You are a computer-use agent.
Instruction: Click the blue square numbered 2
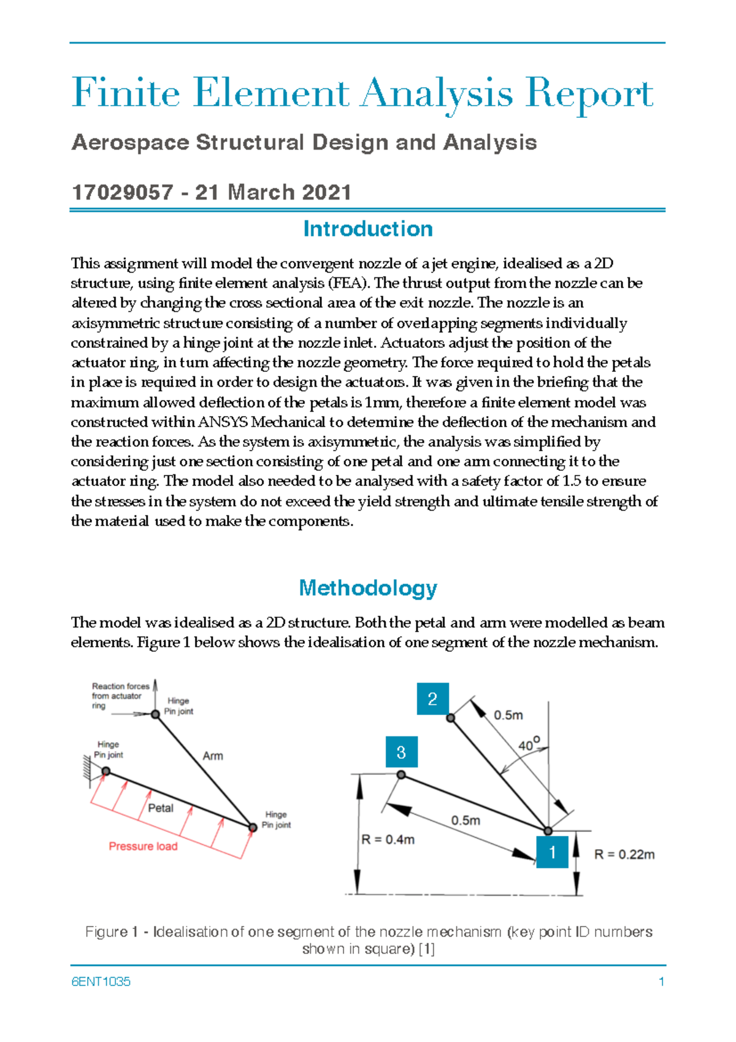432,698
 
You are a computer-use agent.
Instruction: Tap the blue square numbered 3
401,752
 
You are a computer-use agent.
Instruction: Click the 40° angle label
528,744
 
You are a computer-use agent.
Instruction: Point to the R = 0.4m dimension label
388,839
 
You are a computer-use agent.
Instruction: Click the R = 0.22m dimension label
624,854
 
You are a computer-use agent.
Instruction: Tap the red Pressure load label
143,846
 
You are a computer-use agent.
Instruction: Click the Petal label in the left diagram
161,808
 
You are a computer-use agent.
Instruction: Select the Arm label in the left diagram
213,756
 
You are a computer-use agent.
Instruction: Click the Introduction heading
368,229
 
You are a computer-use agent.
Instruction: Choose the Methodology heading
368,588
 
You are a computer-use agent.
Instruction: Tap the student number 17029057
122,192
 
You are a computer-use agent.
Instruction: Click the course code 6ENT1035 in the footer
101,982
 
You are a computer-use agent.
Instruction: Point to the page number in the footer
661,982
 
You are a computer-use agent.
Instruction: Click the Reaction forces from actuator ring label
120,696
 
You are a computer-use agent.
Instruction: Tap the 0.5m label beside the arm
508,716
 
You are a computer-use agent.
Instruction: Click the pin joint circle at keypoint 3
401,775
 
